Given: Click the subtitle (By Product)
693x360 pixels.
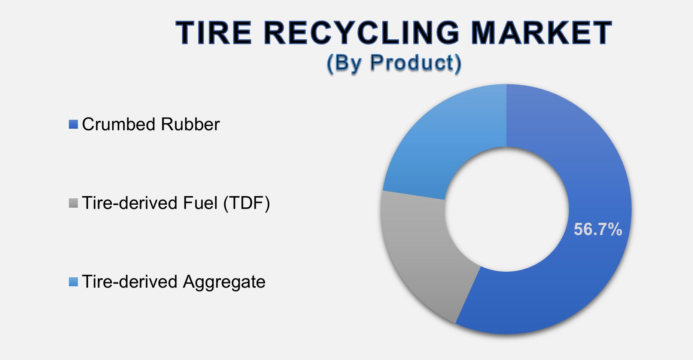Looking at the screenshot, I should pyautogui.click(x=394, y=62).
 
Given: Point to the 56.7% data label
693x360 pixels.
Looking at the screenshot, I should pyautogui.click(x=598, y=229).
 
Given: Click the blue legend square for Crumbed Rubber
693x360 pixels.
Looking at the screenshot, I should pyautogui.click(x=73, y=125).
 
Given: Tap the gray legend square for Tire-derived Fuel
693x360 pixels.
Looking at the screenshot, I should pyautogui.click(x=73, y=203).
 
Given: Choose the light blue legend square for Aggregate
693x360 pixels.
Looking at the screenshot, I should pyautogui.click(x=73, y=282).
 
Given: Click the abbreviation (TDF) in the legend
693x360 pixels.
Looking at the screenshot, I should pyautogui.click(x=247, y=203).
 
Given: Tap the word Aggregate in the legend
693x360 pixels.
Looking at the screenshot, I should pyautogui.click(x=224, y=282).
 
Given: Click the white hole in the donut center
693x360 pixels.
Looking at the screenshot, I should pyautogui.click(x=507, y=209).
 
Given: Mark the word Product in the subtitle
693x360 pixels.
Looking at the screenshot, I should pyautogui.click(x=412, y=62).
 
